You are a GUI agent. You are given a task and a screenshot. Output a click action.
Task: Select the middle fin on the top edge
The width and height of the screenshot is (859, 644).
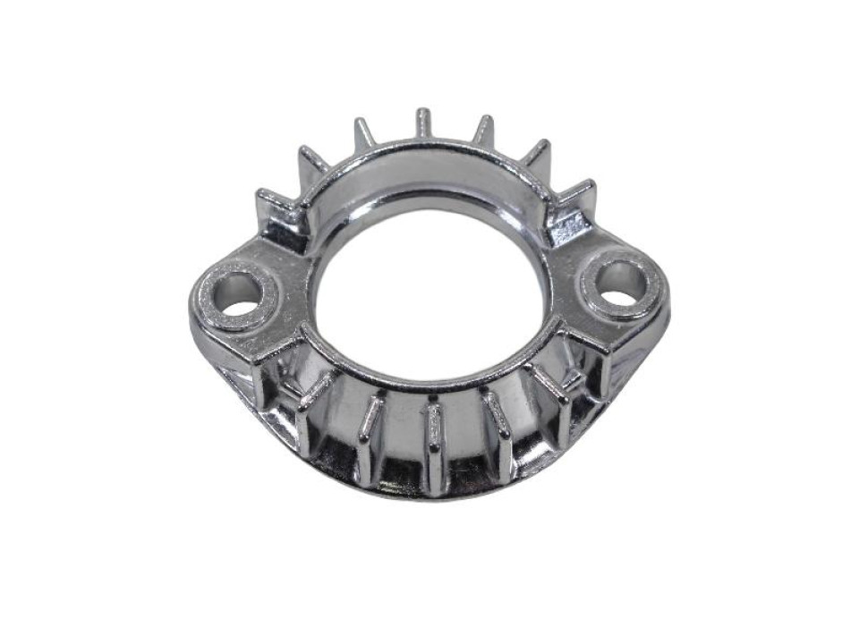[423, 123]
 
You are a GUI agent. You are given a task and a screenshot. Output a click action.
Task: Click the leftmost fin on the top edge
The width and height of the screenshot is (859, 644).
[272, 201]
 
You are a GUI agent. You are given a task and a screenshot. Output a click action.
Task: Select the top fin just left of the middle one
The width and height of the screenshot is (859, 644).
[364, 133]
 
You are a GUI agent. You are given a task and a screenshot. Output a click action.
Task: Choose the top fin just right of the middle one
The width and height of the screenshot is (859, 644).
[483, 131]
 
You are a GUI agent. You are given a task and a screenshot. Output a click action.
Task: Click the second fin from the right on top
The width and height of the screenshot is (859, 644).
[536, 154]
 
